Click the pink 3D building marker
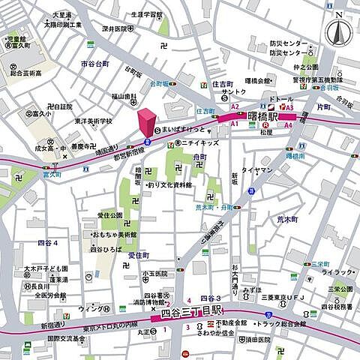(x=145, y=122)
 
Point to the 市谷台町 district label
(x=94, y=64)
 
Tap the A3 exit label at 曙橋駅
(x=289, y=107)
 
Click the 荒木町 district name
(x=287, y=219)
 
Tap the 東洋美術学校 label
(x=93, y=121)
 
